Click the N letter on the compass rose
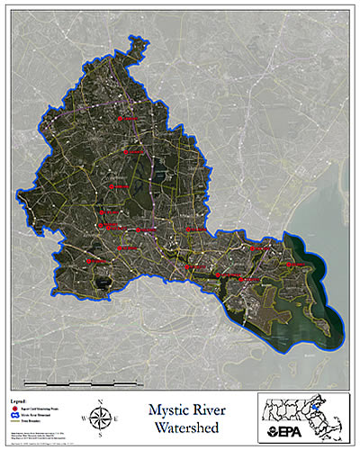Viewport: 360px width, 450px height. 101,400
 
